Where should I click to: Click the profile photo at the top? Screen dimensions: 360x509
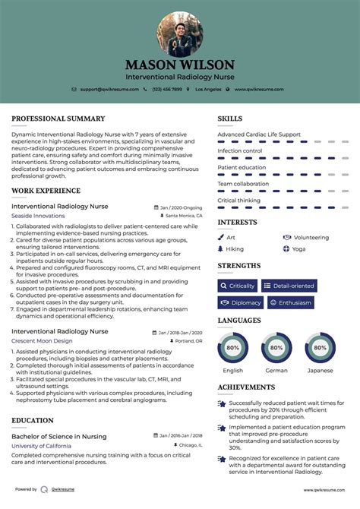click(180, 33)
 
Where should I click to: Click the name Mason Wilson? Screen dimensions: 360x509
click(180, 65)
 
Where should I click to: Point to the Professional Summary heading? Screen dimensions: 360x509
click(58, 119)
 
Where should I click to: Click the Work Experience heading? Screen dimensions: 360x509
click(46, 191)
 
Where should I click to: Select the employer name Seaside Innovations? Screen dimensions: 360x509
click(38, 216)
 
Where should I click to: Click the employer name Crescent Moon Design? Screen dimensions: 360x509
click(42, 341)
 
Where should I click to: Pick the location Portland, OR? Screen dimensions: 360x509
click(188, 342)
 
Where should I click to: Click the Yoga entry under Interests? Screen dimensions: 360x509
click(298, 248)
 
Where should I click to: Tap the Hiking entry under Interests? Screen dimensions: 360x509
click(235, 248)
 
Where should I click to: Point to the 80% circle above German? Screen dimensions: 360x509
click(276, 348)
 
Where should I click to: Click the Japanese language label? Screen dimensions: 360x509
click(320, 370)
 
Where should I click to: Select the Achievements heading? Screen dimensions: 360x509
click(246, 387)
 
